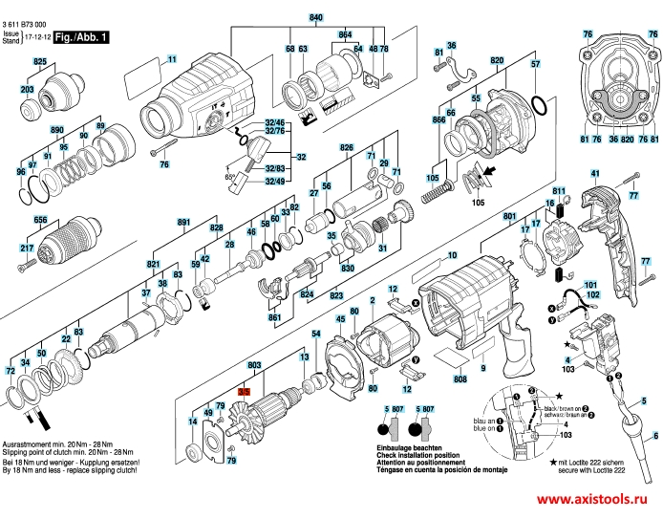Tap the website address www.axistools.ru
[596, 502]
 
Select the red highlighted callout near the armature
[244, 393]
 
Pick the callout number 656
[40, 219]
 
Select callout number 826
[346, 148]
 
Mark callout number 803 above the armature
[254, 366]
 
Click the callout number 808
[460, 379]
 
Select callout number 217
[27, 249]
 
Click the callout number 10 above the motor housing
[453, 255]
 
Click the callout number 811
[560, 191]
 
